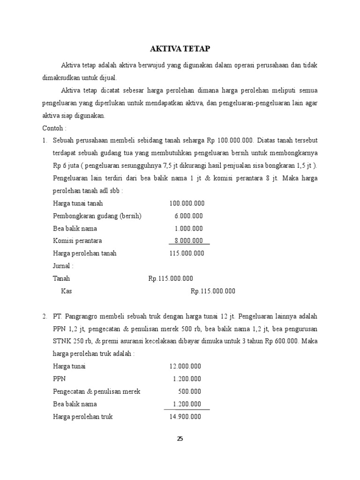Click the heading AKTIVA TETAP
point(180,48)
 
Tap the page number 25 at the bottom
point(180,439)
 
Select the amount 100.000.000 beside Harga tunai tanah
point(187,203)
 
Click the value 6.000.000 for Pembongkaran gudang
point(188,216)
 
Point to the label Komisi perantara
point(77,241)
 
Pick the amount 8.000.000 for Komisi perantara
point(188,241)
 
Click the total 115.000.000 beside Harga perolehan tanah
point(187,254)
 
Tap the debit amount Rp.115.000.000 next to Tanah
point(171,278)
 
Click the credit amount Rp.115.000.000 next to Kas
point(213,291)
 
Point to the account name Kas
point(67,291)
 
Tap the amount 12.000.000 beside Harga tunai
point(185,366)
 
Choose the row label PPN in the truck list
point(60,379)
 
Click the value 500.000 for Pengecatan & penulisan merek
point(190,391)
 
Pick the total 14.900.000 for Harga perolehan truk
point(185,416)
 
